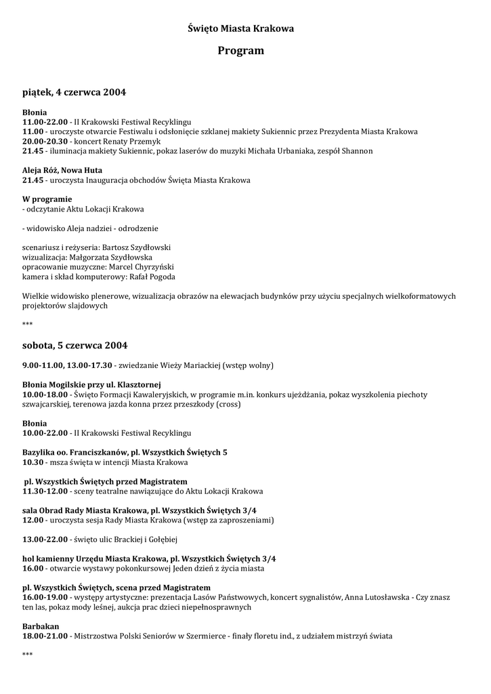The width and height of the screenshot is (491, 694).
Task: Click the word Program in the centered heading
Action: point(241,51)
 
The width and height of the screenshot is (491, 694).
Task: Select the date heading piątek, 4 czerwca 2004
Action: point(74,91)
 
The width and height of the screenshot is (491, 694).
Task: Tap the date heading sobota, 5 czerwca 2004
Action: point(74,345)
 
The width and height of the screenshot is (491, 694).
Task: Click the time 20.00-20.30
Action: point(45,141)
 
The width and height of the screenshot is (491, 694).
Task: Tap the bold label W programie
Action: point(47,199)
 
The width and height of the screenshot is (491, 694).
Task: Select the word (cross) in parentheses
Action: point(228,404)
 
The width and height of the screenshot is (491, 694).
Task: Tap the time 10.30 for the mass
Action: point(33,462)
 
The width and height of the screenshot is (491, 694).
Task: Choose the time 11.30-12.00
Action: point(45,491)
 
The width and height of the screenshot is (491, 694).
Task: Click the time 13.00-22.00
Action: point(45,539)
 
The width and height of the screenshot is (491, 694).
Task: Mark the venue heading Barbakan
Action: point(41,627)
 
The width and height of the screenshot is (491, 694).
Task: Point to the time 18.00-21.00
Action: point(45,636)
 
